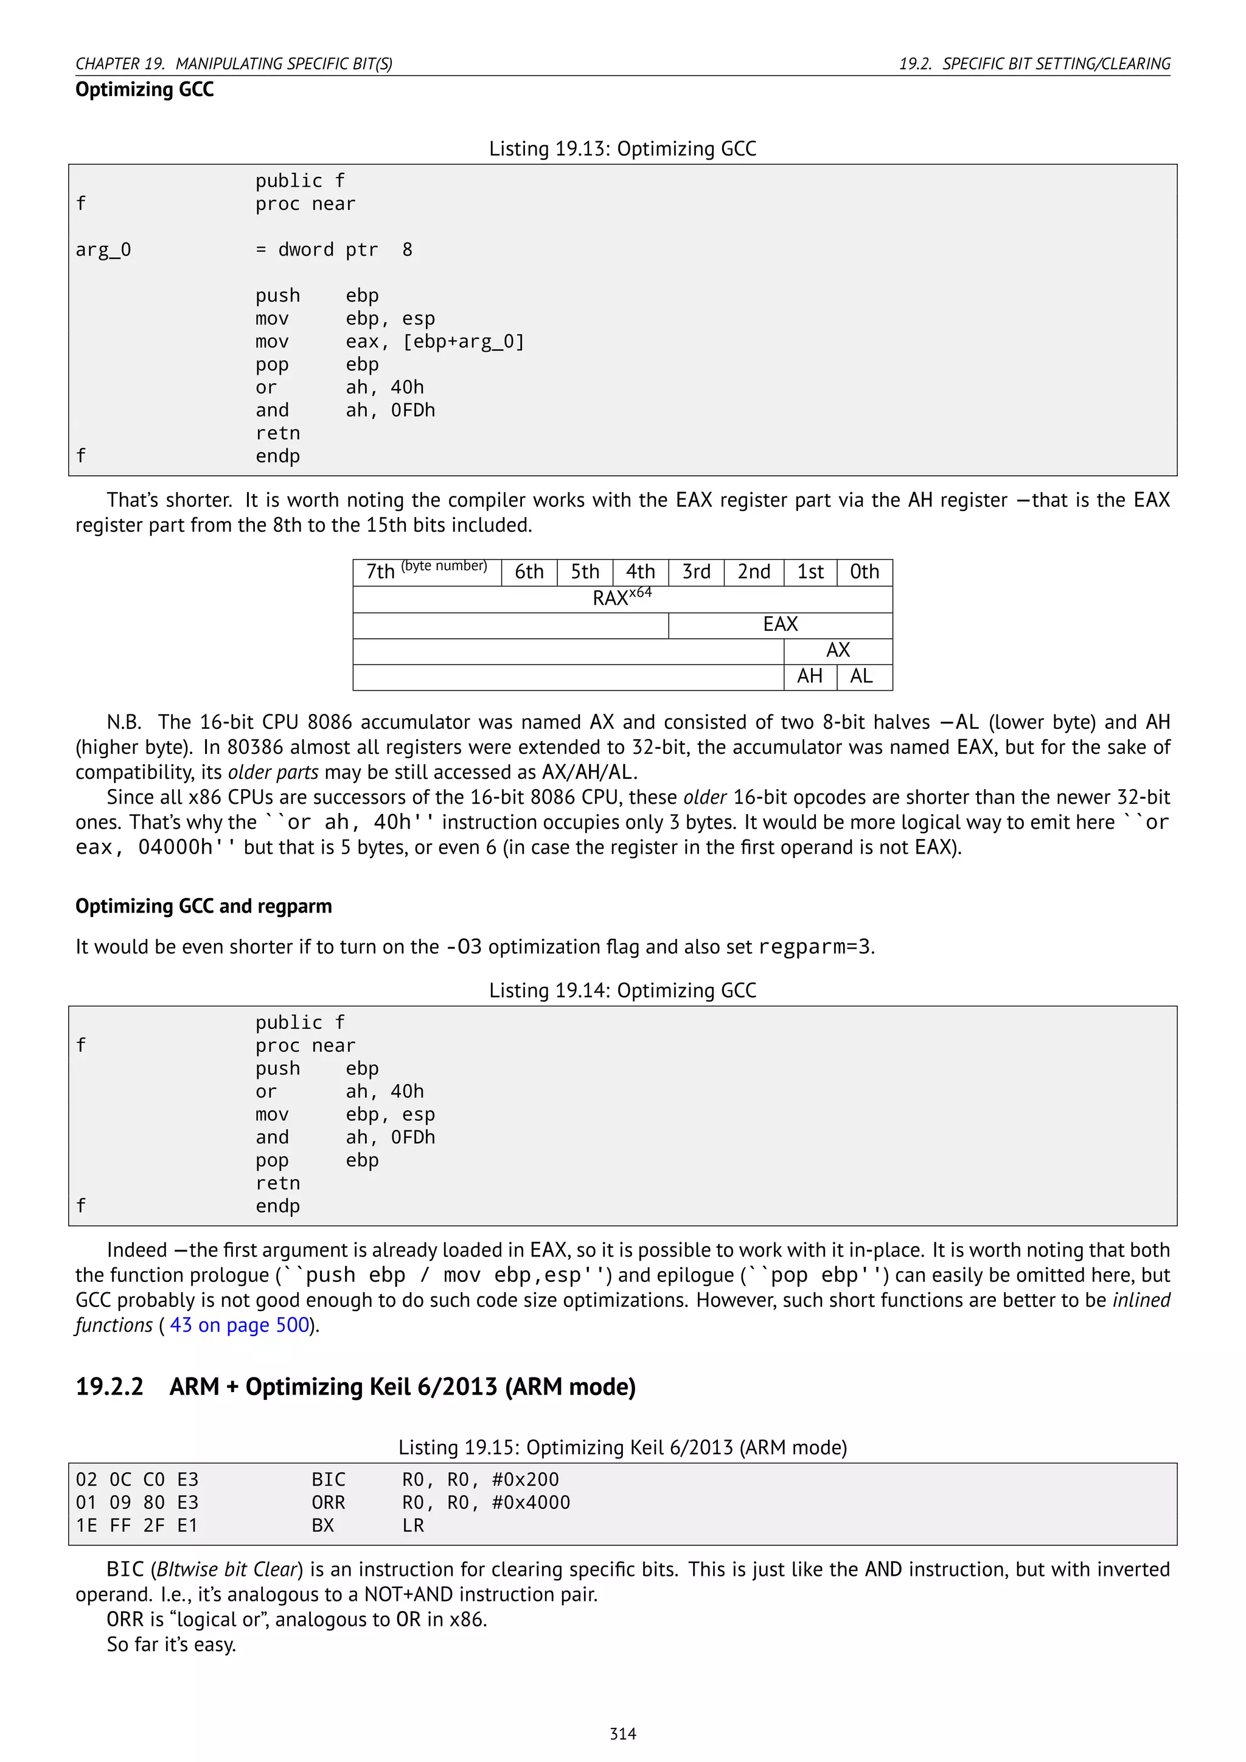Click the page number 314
point(622,1733)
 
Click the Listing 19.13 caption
point(622,149)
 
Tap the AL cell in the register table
point(861,676)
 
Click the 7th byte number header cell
point(426,572)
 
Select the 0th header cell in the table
point(864,572)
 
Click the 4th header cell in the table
point(640,572)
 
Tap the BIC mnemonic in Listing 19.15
point(329,1480)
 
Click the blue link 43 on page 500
point(238,1325)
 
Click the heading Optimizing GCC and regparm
point(203,907)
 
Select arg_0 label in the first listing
point(103,250)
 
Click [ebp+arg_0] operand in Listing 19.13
point(464,341)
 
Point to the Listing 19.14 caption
point(622,991)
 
